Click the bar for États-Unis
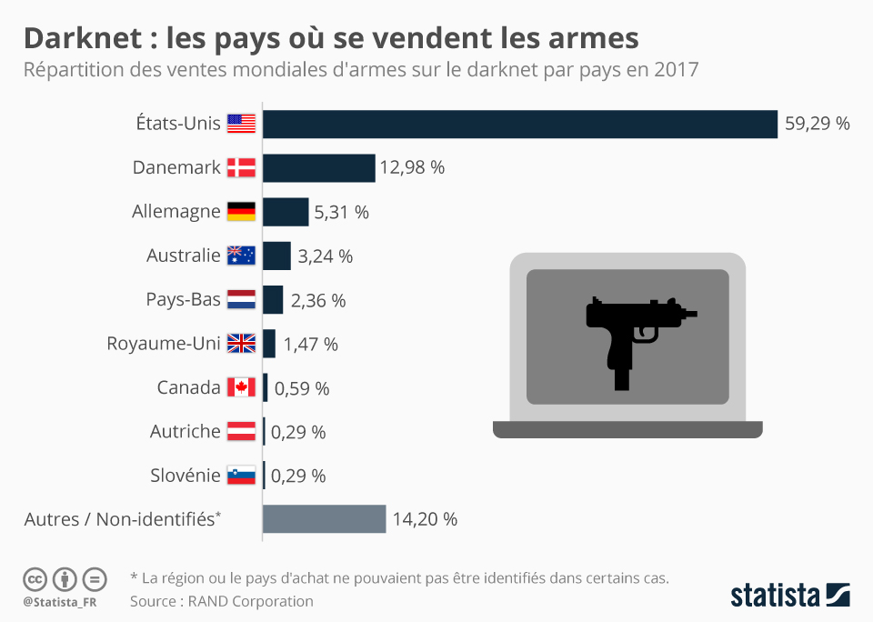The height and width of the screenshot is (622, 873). pos(520,124)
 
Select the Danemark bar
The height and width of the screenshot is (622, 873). pos(319,167)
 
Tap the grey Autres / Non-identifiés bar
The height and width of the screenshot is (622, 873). pos(324,519)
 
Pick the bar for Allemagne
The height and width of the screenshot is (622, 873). pos(286,212)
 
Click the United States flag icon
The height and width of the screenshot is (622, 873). pos(241,124)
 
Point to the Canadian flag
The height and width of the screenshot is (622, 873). pos(241,387)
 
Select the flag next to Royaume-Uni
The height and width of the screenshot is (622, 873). pos(241,344)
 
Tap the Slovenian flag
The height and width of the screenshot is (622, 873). pos(241,476)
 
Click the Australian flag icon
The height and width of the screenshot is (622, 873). pos(241,256)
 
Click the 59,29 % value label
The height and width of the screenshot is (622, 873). pos(817,124)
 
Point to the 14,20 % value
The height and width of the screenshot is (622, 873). pos(425,519)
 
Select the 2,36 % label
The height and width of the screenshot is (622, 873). pos(318,300)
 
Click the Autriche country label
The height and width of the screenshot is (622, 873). pos(186,432)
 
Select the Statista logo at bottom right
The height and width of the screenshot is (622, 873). pos(789,596)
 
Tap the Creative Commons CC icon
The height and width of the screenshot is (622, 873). pos(35,579)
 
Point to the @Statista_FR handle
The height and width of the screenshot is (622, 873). pos(61,601)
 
